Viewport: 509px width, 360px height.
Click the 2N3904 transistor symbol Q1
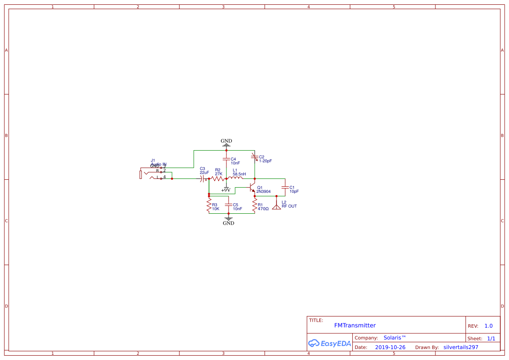point(252,188)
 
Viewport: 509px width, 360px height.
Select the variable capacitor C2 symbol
point(254,157)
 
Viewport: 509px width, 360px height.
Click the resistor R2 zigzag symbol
point(218,178)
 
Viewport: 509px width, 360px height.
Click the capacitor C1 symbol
point(285,188)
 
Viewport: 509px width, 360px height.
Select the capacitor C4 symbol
point(226,159)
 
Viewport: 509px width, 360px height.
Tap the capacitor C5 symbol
point(229,204)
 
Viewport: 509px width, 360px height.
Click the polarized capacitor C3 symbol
point(203,178)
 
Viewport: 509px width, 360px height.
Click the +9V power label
point(226,190)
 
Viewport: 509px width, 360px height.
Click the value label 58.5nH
point(239,174)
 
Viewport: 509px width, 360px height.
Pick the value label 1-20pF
point(266,161)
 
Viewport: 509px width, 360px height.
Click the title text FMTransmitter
point(355,326)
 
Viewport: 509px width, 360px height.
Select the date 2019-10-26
point(390,347)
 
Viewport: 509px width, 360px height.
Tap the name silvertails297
point(461,347)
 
